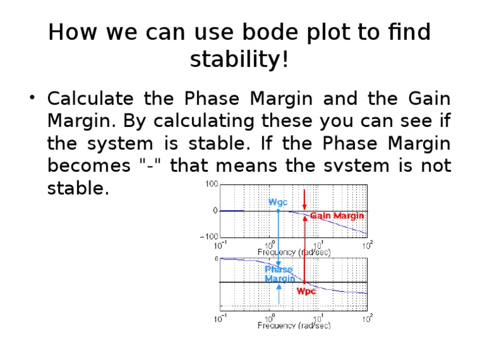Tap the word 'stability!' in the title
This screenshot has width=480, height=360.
coord(239,60)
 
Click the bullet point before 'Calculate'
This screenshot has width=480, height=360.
coord(32,99)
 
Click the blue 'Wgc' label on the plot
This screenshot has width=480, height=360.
coord(279,202)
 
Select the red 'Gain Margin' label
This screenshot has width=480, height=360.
coord(337,216)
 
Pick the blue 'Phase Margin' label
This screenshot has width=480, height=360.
coord(279,274)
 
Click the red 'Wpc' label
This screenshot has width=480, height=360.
coord(307,291)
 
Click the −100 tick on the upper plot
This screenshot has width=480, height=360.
coord(208,237)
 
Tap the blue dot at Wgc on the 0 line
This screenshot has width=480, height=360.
coord(279,211)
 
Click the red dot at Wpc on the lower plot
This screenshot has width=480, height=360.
coord(304,282)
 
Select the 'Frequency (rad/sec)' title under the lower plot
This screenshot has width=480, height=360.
coord(294,325)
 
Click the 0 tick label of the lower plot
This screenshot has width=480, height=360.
coord(216,258)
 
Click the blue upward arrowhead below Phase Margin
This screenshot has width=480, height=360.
coord(279,288)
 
